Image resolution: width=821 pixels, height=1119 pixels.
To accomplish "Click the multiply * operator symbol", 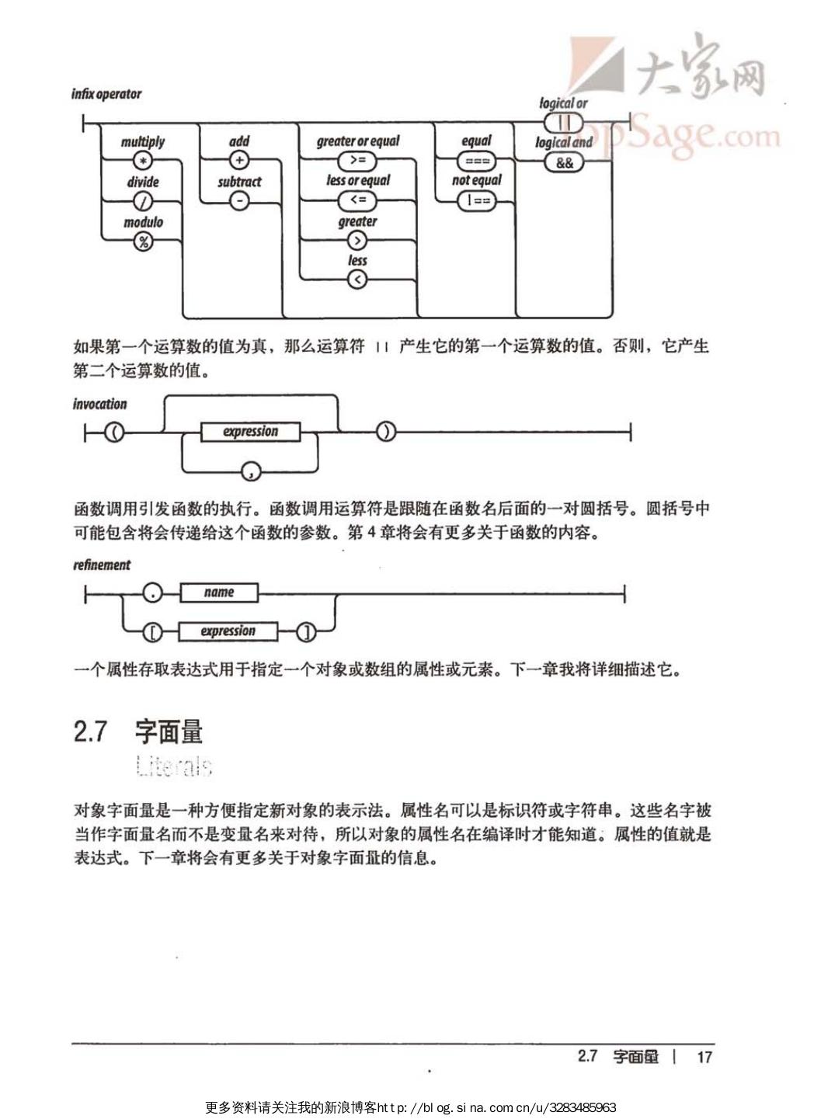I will pos(142,161).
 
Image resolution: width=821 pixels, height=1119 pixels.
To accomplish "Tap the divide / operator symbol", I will pos(143,201).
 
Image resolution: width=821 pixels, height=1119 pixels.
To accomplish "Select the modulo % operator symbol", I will pos(143,242).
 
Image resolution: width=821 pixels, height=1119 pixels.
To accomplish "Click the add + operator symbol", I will pos(239,161).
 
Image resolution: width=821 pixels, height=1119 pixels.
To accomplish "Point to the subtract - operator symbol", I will pos(239,201).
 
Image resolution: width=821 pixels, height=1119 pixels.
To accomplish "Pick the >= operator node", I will pos(357,161).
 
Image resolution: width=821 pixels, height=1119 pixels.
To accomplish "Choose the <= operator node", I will pos(357,200).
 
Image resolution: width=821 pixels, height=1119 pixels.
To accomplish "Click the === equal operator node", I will pos(476,161).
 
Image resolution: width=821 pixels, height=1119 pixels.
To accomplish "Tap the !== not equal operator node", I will pos(476,200).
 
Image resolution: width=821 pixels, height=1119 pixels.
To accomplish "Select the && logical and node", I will pos(564,162).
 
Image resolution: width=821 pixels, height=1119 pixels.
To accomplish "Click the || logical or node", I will pos(564,122).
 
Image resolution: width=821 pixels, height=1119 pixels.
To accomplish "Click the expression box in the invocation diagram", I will pos(250,432).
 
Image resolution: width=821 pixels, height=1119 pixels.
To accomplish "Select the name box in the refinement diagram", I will pos(218,593).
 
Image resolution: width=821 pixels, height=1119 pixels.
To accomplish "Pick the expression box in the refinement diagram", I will pos(228,631).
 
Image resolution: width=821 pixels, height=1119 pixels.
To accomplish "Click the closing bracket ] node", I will pos(308,632).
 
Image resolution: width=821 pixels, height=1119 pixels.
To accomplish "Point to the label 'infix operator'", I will pos(106,94).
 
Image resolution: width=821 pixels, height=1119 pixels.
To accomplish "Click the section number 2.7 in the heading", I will pos(90,732).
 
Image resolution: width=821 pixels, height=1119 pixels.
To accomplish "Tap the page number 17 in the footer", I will pos(704,1057).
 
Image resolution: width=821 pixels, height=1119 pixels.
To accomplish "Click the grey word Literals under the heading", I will pos(173,766).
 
